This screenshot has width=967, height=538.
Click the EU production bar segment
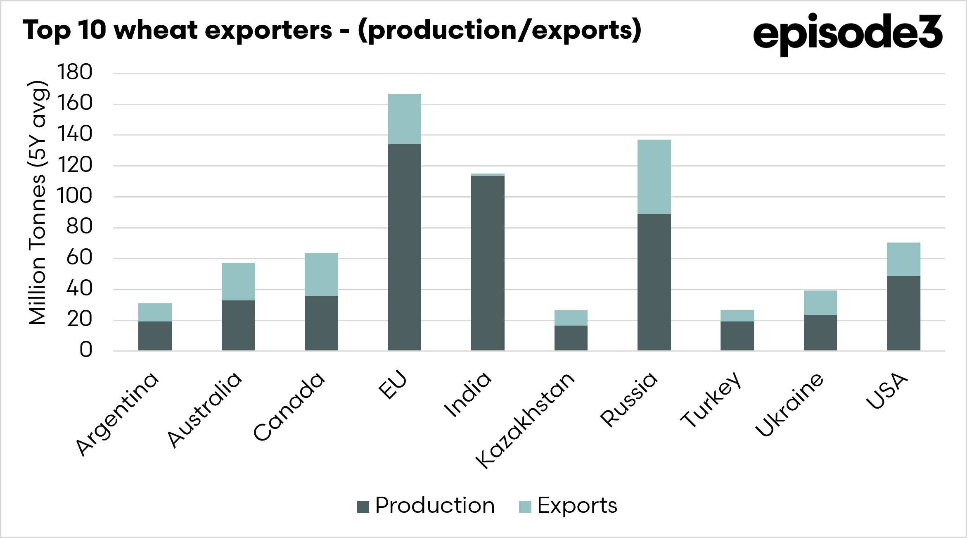pos(405,247)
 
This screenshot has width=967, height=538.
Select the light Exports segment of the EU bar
pos(405,119)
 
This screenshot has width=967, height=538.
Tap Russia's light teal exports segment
pos(654,177)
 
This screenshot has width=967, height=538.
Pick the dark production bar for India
pos(488,263)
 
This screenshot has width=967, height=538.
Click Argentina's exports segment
pos(155,312)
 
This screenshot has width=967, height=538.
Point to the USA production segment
pos(903,313)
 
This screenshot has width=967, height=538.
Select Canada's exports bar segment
pos(321,274)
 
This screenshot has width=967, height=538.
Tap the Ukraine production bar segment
pos(820,333)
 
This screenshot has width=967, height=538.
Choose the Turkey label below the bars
pos(711,399)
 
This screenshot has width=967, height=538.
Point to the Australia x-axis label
pos(204,409)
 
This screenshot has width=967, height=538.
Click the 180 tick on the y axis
pos(75,72)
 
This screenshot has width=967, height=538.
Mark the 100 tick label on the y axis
pos(75,196)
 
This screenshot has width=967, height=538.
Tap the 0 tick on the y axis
pos(86,350)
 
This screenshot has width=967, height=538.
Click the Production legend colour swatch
pos(363,507)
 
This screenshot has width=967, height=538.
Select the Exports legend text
pos(577,506)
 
